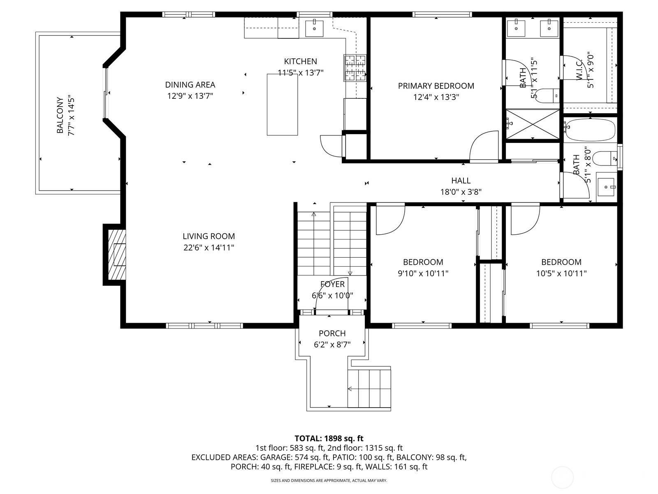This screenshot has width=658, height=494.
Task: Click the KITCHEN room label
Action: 300,61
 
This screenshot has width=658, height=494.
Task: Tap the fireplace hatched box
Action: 117,255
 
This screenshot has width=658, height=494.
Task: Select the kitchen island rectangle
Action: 282,105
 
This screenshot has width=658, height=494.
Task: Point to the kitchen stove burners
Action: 355,68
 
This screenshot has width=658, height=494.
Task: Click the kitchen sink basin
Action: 315,28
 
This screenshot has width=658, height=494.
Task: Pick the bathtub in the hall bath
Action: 589,130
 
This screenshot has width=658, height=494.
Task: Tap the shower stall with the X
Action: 533,124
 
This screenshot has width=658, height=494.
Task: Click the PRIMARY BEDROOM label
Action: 436,86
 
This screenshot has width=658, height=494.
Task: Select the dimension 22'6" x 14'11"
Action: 209,248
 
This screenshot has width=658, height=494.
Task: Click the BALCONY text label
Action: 60,115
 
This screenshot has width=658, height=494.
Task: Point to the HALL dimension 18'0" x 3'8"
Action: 461,192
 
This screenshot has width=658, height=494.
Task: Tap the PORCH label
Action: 332,333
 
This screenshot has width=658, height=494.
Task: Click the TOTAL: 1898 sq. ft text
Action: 329,438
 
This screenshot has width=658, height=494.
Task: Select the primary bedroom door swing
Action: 484,147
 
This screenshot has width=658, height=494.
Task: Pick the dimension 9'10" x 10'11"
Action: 423,273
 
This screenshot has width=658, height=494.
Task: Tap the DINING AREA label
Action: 190,85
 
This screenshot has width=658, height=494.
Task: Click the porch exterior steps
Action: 369,389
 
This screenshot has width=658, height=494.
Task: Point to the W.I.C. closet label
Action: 579,70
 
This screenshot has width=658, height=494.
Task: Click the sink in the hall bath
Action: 606,187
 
